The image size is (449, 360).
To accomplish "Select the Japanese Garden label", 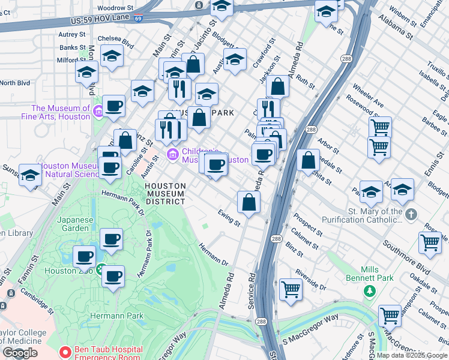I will tap(75, 224).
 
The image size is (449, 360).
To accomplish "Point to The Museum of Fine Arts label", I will tap(60, 112).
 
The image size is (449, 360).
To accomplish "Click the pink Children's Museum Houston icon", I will tap(173, 155).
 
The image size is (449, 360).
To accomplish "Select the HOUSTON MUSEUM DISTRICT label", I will tap(164, 193).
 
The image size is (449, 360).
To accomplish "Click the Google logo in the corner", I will tap(20, 353).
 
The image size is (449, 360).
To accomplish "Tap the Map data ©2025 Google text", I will tap(412, 355).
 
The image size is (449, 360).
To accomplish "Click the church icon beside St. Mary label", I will tap(411, 214).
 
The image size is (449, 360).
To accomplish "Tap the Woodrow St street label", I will tap(115, 8).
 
